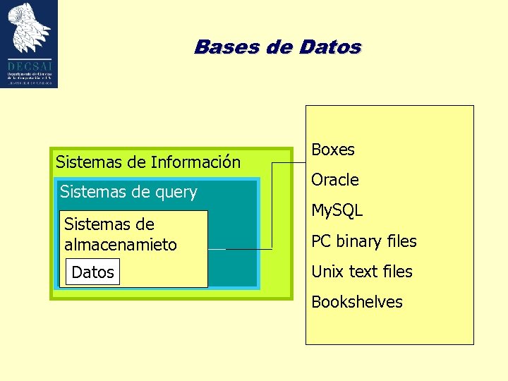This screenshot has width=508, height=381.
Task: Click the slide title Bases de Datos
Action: (x=277, y=47)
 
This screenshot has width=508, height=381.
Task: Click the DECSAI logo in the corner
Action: (x=29, y=44)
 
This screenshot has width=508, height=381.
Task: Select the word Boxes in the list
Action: (x=332, y=150)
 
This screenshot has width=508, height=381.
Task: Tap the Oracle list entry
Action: (x=334, y=180)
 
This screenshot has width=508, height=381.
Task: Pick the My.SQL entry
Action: (x=337, y=210)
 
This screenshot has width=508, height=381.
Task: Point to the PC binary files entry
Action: (x=363, y=241)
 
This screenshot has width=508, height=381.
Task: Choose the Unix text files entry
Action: (x=361, y=272)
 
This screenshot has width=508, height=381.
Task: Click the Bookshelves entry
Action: (x=356, y=302)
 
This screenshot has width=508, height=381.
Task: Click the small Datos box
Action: (x=92, y=272)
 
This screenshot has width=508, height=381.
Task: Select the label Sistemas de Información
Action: (x=147, y=162)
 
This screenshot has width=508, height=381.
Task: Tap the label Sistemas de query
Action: (x=128, y=192)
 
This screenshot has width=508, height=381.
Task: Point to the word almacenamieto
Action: (x=120, y=245)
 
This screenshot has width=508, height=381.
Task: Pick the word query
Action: (x=176, y=192)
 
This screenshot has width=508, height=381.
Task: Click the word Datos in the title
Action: (x=330, y=47)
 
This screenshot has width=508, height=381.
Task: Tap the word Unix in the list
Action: (x=327, y=272)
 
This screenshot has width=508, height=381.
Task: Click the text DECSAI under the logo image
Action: (x=29, y=66)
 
